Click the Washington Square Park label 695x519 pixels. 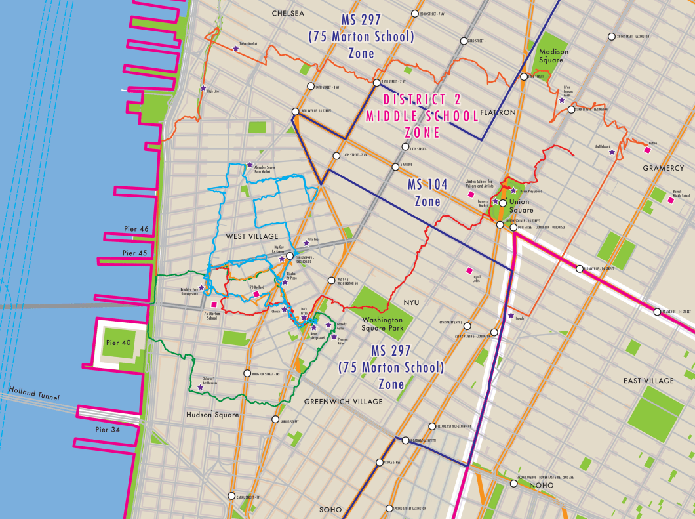pyautogui.click(x=382, y=323)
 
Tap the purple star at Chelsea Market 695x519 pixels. pyautogui.click(x=236, y=49)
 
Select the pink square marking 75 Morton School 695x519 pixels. pyautogui.click(x=214, y=304)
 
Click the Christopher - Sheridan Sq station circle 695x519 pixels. pyautogui.click(x=290, y=247)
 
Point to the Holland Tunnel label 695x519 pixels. pyautogui.click(x=33, y=394)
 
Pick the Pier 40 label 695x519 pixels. pyautogui.click(x=119, y=343)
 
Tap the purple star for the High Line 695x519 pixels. pyautogui.click(x=203, y=88)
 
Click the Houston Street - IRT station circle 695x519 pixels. pyautogui.click(x=247, y=373)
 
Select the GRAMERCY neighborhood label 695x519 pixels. pyautogui.click(x=663, y=168)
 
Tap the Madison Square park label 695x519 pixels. pyautogui.click(x=553, y=56)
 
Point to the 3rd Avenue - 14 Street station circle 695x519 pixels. pyautogui.click(x=579, y=268)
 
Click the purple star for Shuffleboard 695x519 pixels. pyautogui.click(x=612, y=152)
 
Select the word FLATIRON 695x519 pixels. pyautogui.click(x=498, y=112)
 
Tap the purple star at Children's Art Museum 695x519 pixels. pyautogui.click(x=200, y=387)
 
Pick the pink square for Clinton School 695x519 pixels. pyautogui.click(x=470, y=195)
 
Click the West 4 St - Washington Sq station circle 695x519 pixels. pyautogui.click(x=331, y=281)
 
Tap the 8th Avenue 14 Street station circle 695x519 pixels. pyautogui.click(x=296, y=111)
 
